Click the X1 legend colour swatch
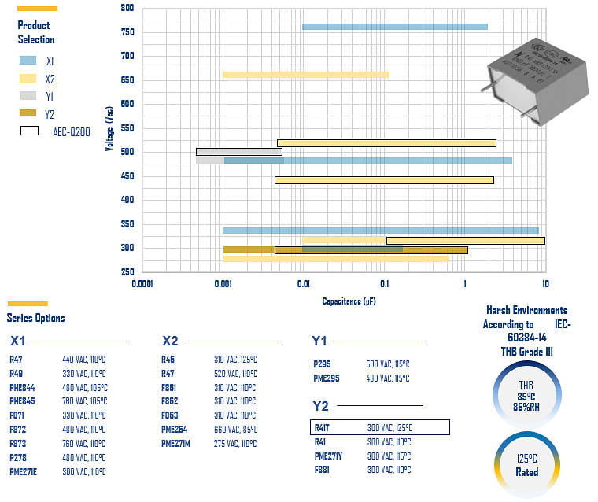click(28, 61)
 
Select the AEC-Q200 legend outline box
click(30, 131)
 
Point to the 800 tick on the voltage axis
click(127, 8)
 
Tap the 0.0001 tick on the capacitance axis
click(142, 283)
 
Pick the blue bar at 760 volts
click(394, 27)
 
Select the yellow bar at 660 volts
click(305, 75)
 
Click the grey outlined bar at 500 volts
click(239, 152)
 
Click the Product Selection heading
click(36, 32)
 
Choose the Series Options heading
click(35, 318)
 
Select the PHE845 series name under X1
click(22, 401)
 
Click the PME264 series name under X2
click(175, 430)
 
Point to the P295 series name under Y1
click(323, 364)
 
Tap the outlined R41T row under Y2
click(380, 427)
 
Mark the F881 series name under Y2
click(323, 470)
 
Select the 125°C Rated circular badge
click(526, 464)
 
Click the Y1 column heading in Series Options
click(319, 341)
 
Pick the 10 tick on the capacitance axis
click(544, 283)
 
